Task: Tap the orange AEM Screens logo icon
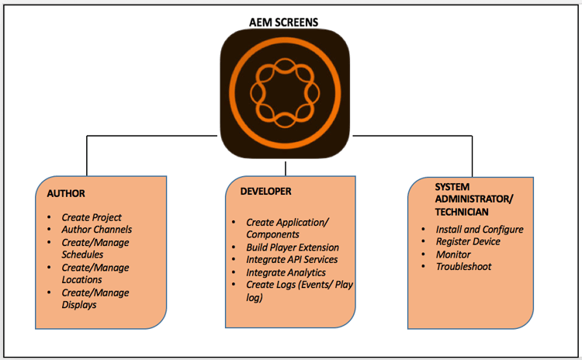click(x=286, y=92)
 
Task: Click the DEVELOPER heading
click(x=265, y=190)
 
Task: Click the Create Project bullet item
click(x=92, y=217)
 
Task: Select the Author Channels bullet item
click(x=96, y=230)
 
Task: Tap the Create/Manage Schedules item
click(x=95, y=248)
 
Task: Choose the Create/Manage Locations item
click(x=95, y=273)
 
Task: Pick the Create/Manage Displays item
click(x=95, y=298)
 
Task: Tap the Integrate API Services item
click(x=292, y=259)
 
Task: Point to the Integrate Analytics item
click(x=286, y=272)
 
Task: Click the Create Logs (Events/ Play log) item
click(x=298, y=291)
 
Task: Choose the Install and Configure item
click(x=479, y=229)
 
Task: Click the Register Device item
click(x=467, y=241)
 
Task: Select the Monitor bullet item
click(x=452, y=254)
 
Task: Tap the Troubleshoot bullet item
click(x=463, y=266)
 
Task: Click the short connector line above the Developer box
click(x=286, y=168)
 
